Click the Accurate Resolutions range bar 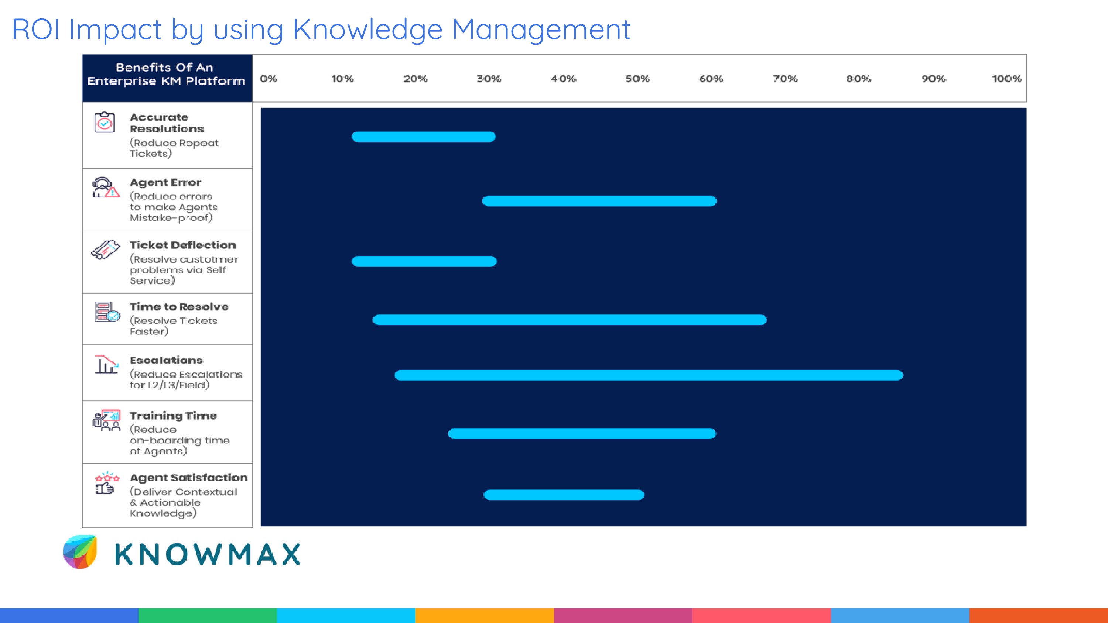424,137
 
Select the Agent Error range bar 599,201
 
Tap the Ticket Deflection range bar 424,261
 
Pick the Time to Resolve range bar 569,320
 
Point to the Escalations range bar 648,375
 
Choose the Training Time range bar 582,433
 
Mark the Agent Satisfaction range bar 564,495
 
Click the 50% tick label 637,79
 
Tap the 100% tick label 1006,79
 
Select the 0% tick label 269,79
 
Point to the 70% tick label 784,79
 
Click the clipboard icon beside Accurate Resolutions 105,123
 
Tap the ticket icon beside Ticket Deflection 105,249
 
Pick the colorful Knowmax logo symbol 81,552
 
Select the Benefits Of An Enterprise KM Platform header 167,74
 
